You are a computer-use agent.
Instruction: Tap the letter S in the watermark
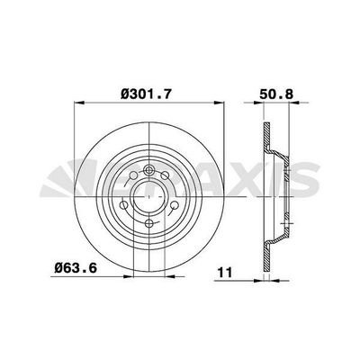click(309, 182)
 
